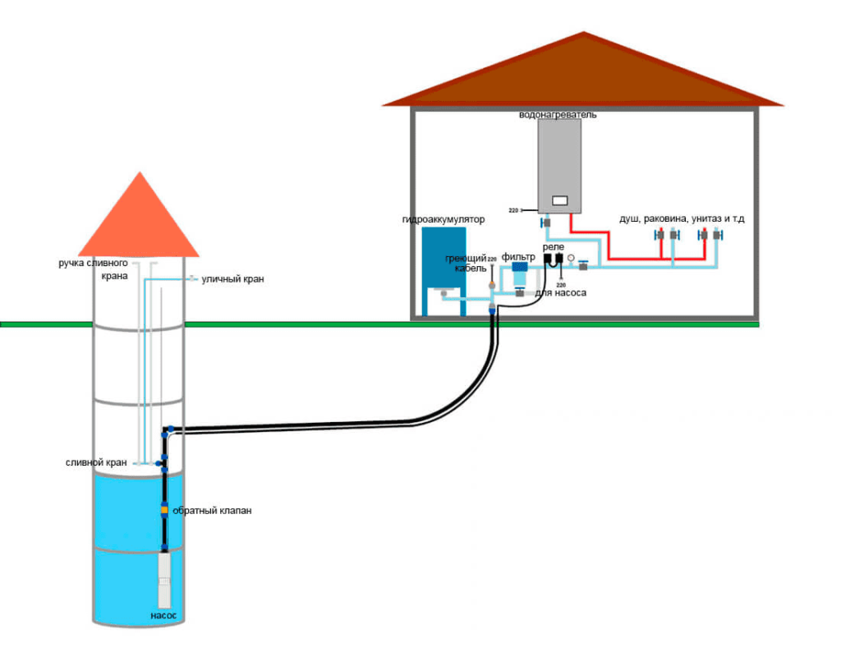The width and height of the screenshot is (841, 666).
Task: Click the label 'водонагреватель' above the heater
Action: (558, 115)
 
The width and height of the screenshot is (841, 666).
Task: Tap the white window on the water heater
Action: (560, 200)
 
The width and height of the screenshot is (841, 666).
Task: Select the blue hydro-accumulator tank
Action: (443, 259)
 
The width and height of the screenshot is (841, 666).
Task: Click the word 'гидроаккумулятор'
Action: (443, 220)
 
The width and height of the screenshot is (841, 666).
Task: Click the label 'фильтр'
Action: (518, 257)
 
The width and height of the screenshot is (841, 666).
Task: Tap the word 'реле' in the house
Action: (554, 246)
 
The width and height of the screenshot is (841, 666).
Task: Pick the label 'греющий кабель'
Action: (466, 263)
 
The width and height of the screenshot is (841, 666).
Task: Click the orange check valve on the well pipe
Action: (164, 510)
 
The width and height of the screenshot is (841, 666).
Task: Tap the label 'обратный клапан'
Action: (212, 511)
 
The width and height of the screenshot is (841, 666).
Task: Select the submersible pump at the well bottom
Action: (164, 578)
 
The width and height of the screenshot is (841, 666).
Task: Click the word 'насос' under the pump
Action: (163, 615)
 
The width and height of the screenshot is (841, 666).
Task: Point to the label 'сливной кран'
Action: (96, 462)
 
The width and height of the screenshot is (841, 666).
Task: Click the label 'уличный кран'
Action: (232, 279)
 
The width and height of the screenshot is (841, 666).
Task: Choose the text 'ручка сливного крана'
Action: (92, 269)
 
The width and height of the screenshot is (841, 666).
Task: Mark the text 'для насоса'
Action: (561, 292)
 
